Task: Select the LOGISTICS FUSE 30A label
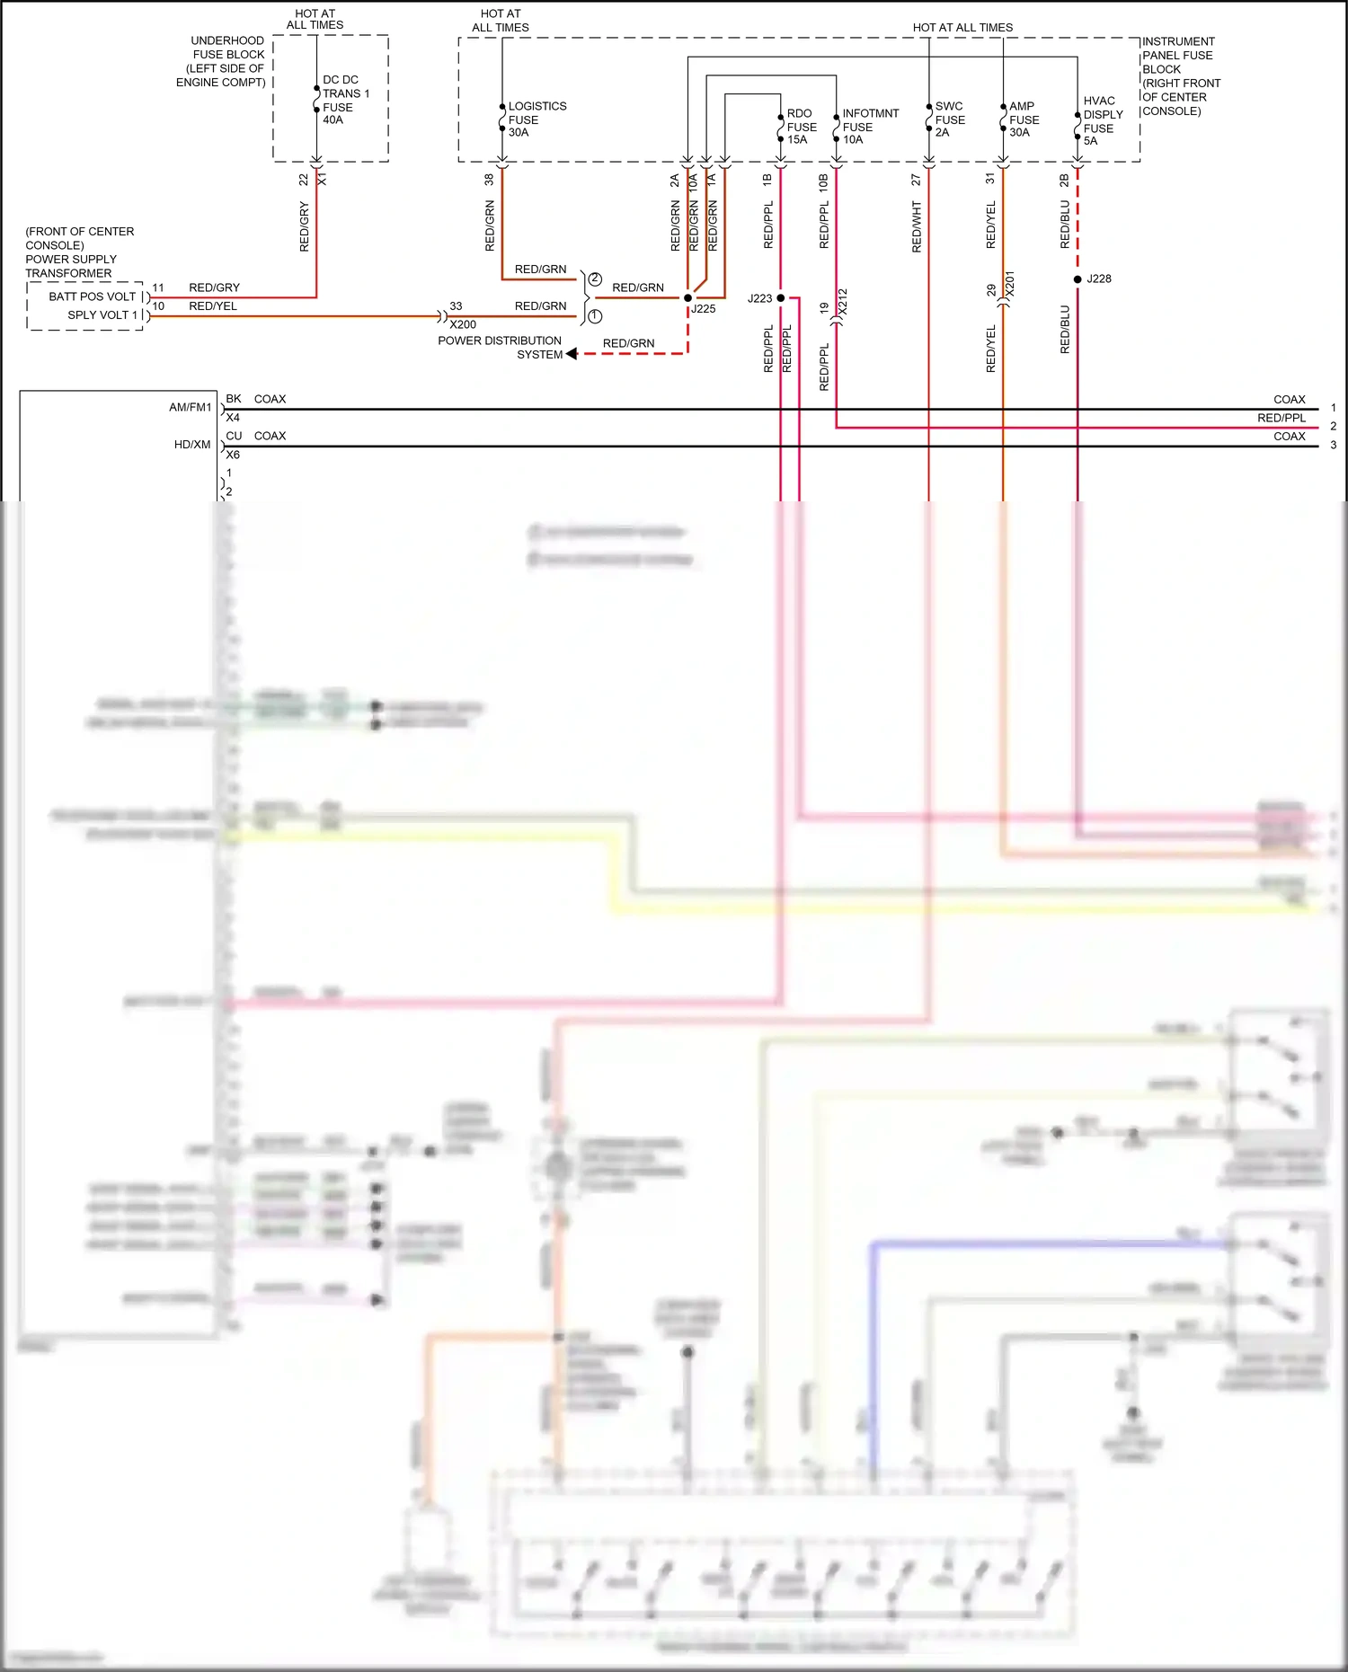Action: click(537, 119)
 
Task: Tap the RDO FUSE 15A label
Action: click(801, 127)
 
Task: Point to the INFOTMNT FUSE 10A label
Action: click(869, 127)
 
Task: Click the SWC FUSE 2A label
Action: click(949, 119)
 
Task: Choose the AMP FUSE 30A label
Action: click(1024, 119)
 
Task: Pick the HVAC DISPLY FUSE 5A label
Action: click(1103, 120)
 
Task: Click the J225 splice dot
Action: click(688, 297)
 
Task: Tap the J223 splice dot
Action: click(781, 297)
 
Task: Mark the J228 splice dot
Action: click(1078, 279)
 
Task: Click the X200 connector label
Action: click(463, 324)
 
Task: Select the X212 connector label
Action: click(843, 301)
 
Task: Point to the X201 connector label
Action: click(1009, 284)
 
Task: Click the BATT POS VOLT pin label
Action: click(93, 296)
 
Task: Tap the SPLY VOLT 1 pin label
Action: click(102, 315)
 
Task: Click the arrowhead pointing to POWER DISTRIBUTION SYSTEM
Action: click(572, 354)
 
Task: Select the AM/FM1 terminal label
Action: click(191, 408)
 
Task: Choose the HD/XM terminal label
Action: click(192, 445)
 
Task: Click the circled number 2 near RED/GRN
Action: click(595, 279)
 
